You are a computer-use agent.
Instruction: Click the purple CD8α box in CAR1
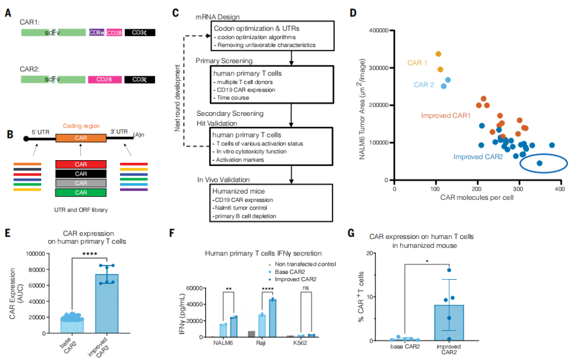[97, 32]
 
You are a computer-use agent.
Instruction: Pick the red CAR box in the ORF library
[81, 164]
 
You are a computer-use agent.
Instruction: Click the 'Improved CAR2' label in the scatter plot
[478, 157]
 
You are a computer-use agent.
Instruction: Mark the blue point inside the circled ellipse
[539, 163]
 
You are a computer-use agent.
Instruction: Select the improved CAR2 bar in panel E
[106, 303]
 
